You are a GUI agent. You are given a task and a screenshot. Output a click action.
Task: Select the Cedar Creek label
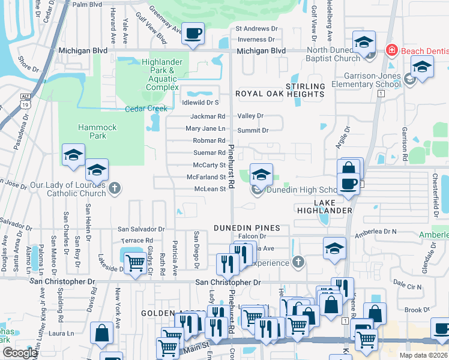(146, 109)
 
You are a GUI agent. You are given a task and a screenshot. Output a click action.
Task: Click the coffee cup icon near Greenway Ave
(193, 34)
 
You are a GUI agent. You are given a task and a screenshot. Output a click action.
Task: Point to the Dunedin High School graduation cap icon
(261, 175)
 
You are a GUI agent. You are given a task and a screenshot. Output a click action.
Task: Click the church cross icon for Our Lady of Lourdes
(115, 189)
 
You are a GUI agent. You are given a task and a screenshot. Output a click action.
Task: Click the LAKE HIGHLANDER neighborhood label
(325, 206)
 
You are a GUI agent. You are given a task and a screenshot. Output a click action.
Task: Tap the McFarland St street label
(206, 177)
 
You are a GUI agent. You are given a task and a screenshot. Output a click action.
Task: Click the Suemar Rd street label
(209, 153)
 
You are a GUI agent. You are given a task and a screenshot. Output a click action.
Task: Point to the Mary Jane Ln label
(205, 128)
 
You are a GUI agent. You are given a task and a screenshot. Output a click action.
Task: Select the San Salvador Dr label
(141, 229)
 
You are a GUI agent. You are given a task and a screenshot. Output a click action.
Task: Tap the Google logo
(20, 353)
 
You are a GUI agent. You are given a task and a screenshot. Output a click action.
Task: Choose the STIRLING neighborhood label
(305, 86)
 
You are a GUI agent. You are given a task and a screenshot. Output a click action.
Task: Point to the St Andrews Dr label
(256, 28)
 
